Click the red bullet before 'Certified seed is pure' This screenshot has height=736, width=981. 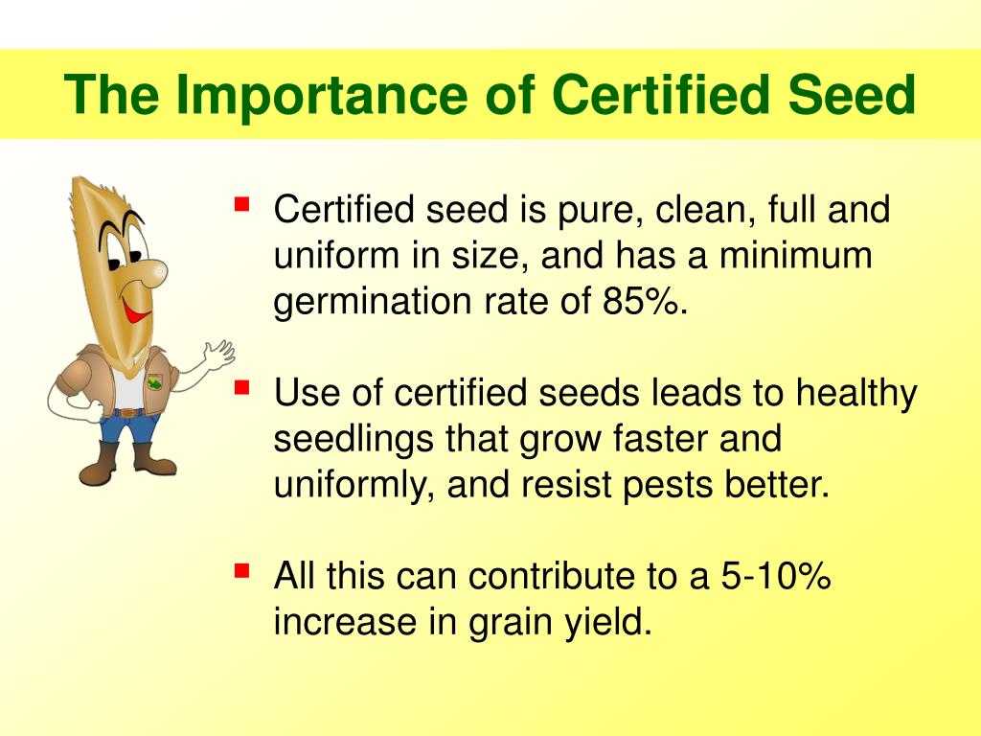click(x=242, y=204)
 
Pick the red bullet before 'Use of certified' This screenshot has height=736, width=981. click(x=242, y=387)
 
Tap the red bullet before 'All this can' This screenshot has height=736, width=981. click(x=242, y=571)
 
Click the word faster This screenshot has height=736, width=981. click(x=644, y=440)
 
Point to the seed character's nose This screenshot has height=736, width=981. click(x=150, y=273)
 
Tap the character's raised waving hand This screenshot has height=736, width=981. click(x=218, y=355)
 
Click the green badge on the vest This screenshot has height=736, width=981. click(x=154, y=382)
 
